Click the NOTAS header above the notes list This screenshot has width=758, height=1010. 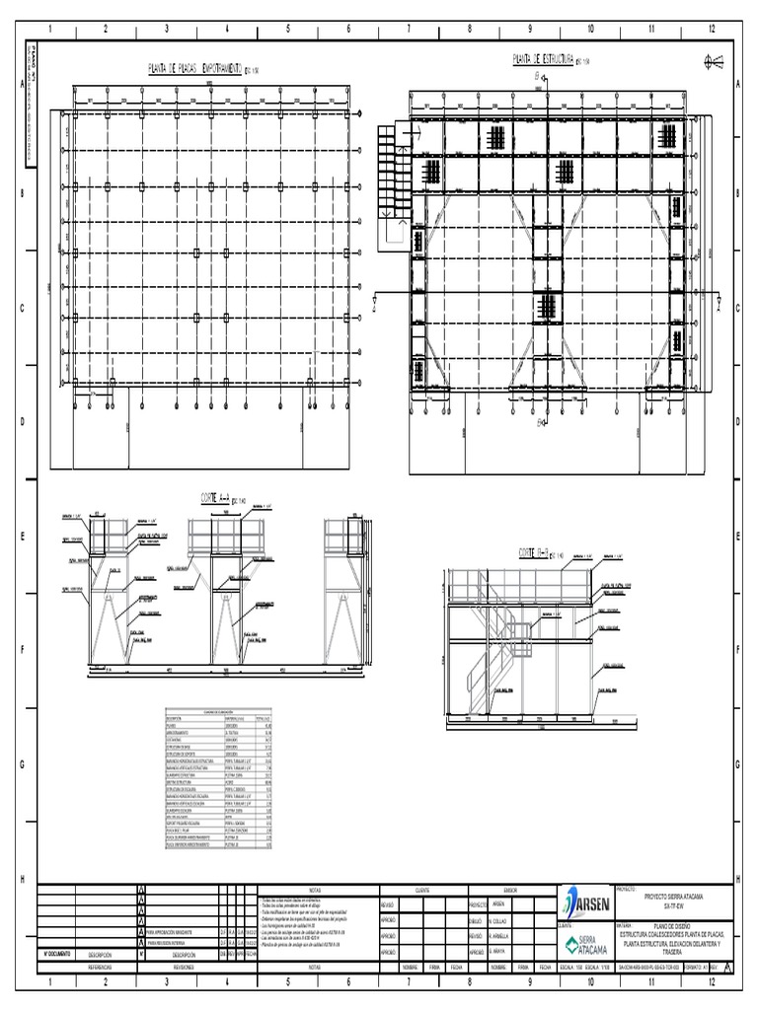tap(316, 889)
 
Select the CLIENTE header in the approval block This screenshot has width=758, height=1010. tap(422, 889)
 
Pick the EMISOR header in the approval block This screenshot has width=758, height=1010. tap(510, 889)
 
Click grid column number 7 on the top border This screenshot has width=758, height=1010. tap(409, 30)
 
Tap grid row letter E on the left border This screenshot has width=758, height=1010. tap(21, 538)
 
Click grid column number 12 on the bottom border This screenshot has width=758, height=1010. tap(713, 983)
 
